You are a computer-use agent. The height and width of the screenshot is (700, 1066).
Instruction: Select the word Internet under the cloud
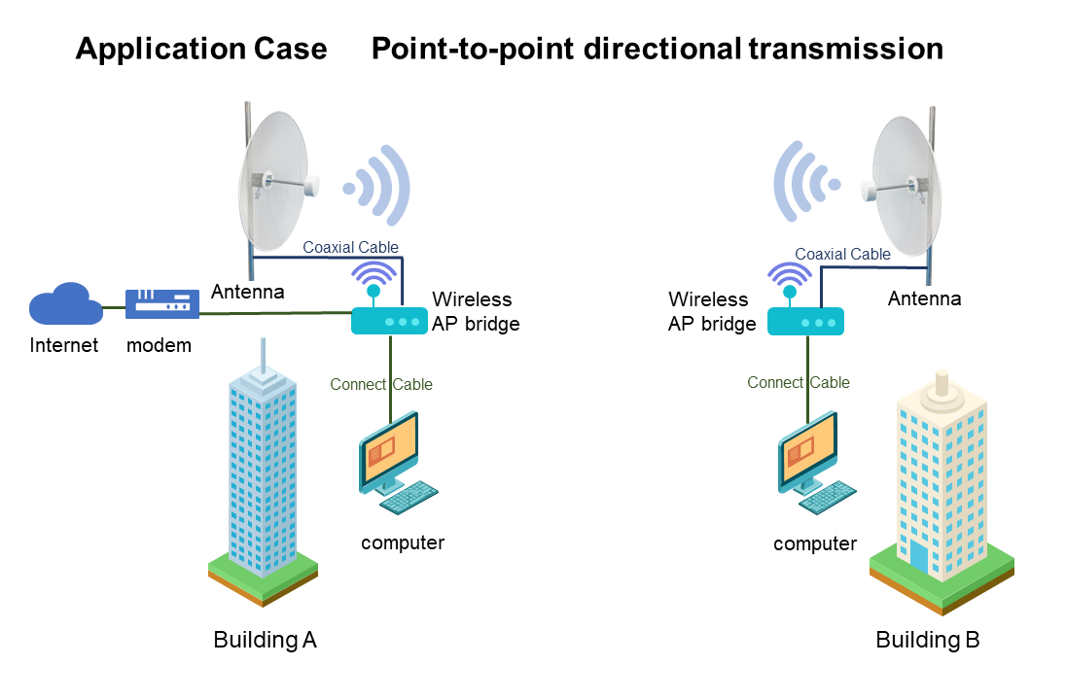[64, 345]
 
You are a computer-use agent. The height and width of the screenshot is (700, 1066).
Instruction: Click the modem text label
[159, 345]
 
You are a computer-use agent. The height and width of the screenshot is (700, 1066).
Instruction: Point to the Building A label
[265, 640]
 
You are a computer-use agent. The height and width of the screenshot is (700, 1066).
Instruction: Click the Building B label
[927, 640]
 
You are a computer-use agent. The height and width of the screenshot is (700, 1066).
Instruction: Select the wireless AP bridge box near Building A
[389, 320]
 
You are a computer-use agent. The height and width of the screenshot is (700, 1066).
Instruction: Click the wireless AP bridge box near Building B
[805, 321]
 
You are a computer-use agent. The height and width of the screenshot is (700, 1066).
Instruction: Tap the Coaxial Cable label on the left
[350, 247]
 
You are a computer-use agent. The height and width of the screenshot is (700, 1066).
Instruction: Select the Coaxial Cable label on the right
[842, 254]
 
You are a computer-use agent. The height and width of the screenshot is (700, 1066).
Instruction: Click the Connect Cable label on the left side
[381, 384]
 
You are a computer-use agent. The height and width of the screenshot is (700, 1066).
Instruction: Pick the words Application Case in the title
[201, 49]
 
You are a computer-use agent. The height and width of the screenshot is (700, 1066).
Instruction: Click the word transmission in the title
[845, 49]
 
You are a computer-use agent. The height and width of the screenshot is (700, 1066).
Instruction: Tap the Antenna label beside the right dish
[924, 298]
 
